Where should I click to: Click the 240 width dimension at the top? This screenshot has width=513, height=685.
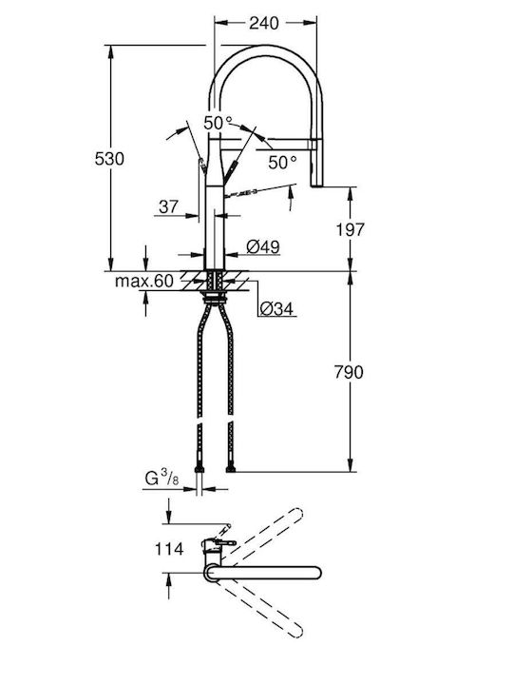tap(263, 23)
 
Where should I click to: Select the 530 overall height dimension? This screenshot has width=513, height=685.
tap(109, 159)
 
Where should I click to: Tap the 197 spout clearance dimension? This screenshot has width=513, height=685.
tap(350, 229)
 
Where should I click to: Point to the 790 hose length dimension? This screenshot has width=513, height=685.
tap(349, 372)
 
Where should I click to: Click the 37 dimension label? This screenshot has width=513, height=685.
tap(168, 206)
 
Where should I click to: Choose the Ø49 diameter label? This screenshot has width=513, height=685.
tap(263, 246)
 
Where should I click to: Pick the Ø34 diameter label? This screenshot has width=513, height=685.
tap(276, 309)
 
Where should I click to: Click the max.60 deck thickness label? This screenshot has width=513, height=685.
tap(144, 281)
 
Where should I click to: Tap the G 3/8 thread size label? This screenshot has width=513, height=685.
tap(161, 478)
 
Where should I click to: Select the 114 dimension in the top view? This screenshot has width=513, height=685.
tap(169, 549)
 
